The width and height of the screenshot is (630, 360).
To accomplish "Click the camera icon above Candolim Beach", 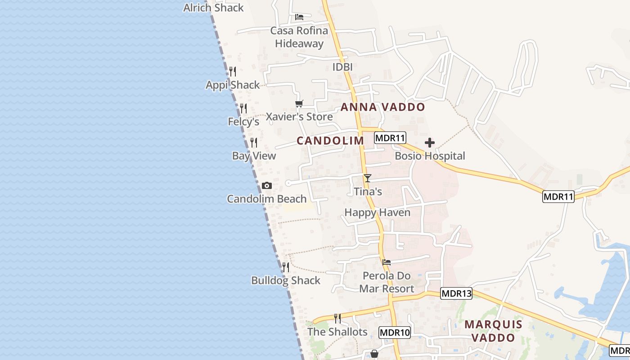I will click(x=266, y=185).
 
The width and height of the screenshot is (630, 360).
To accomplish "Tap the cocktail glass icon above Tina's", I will click(x=368, y=178).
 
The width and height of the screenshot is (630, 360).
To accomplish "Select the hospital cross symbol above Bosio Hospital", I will click(x=430, y=143).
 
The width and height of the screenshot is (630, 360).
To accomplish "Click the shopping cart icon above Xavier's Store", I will click(x=299, y=103).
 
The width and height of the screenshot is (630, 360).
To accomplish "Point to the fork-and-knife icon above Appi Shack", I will click(x=233, y=72).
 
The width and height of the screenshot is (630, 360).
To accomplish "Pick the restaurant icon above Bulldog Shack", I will click(x=285, y=267).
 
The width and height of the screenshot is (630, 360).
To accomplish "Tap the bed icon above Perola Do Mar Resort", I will click(x=386, y=262).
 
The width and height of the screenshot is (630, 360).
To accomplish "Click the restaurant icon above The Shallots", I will click(x=337, y=318).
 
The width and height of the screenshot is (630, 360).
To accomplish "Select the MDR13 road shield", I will click(x=456, y=294).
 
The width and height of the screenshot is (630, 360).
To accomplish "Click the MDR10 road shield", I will click(x=395, y=333).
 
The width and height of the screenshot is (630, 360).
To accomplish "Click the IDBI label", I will click(x=342, y=67).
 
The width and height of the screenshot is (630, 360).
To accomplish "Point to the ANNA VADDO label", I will click(x=382, y=107).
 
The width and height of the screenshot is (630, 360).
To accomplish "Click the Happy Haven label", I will click(x=377, y=212).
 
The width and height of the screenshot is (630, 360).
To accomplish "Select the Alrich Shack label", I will click(x=213, y=8).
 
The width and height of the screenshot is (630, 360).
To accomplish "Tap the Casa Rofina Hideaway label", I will click(x=299, y=37).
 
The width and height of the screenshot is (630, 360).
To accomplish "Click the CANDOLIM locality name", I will click(x=330, y=140).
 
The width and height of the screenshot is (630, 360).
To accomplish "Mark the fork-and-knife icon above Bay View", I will click(x=254, y=142).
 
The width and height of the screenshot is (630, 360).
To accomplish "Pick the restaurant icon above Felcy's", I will click(x=243, y=108).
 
